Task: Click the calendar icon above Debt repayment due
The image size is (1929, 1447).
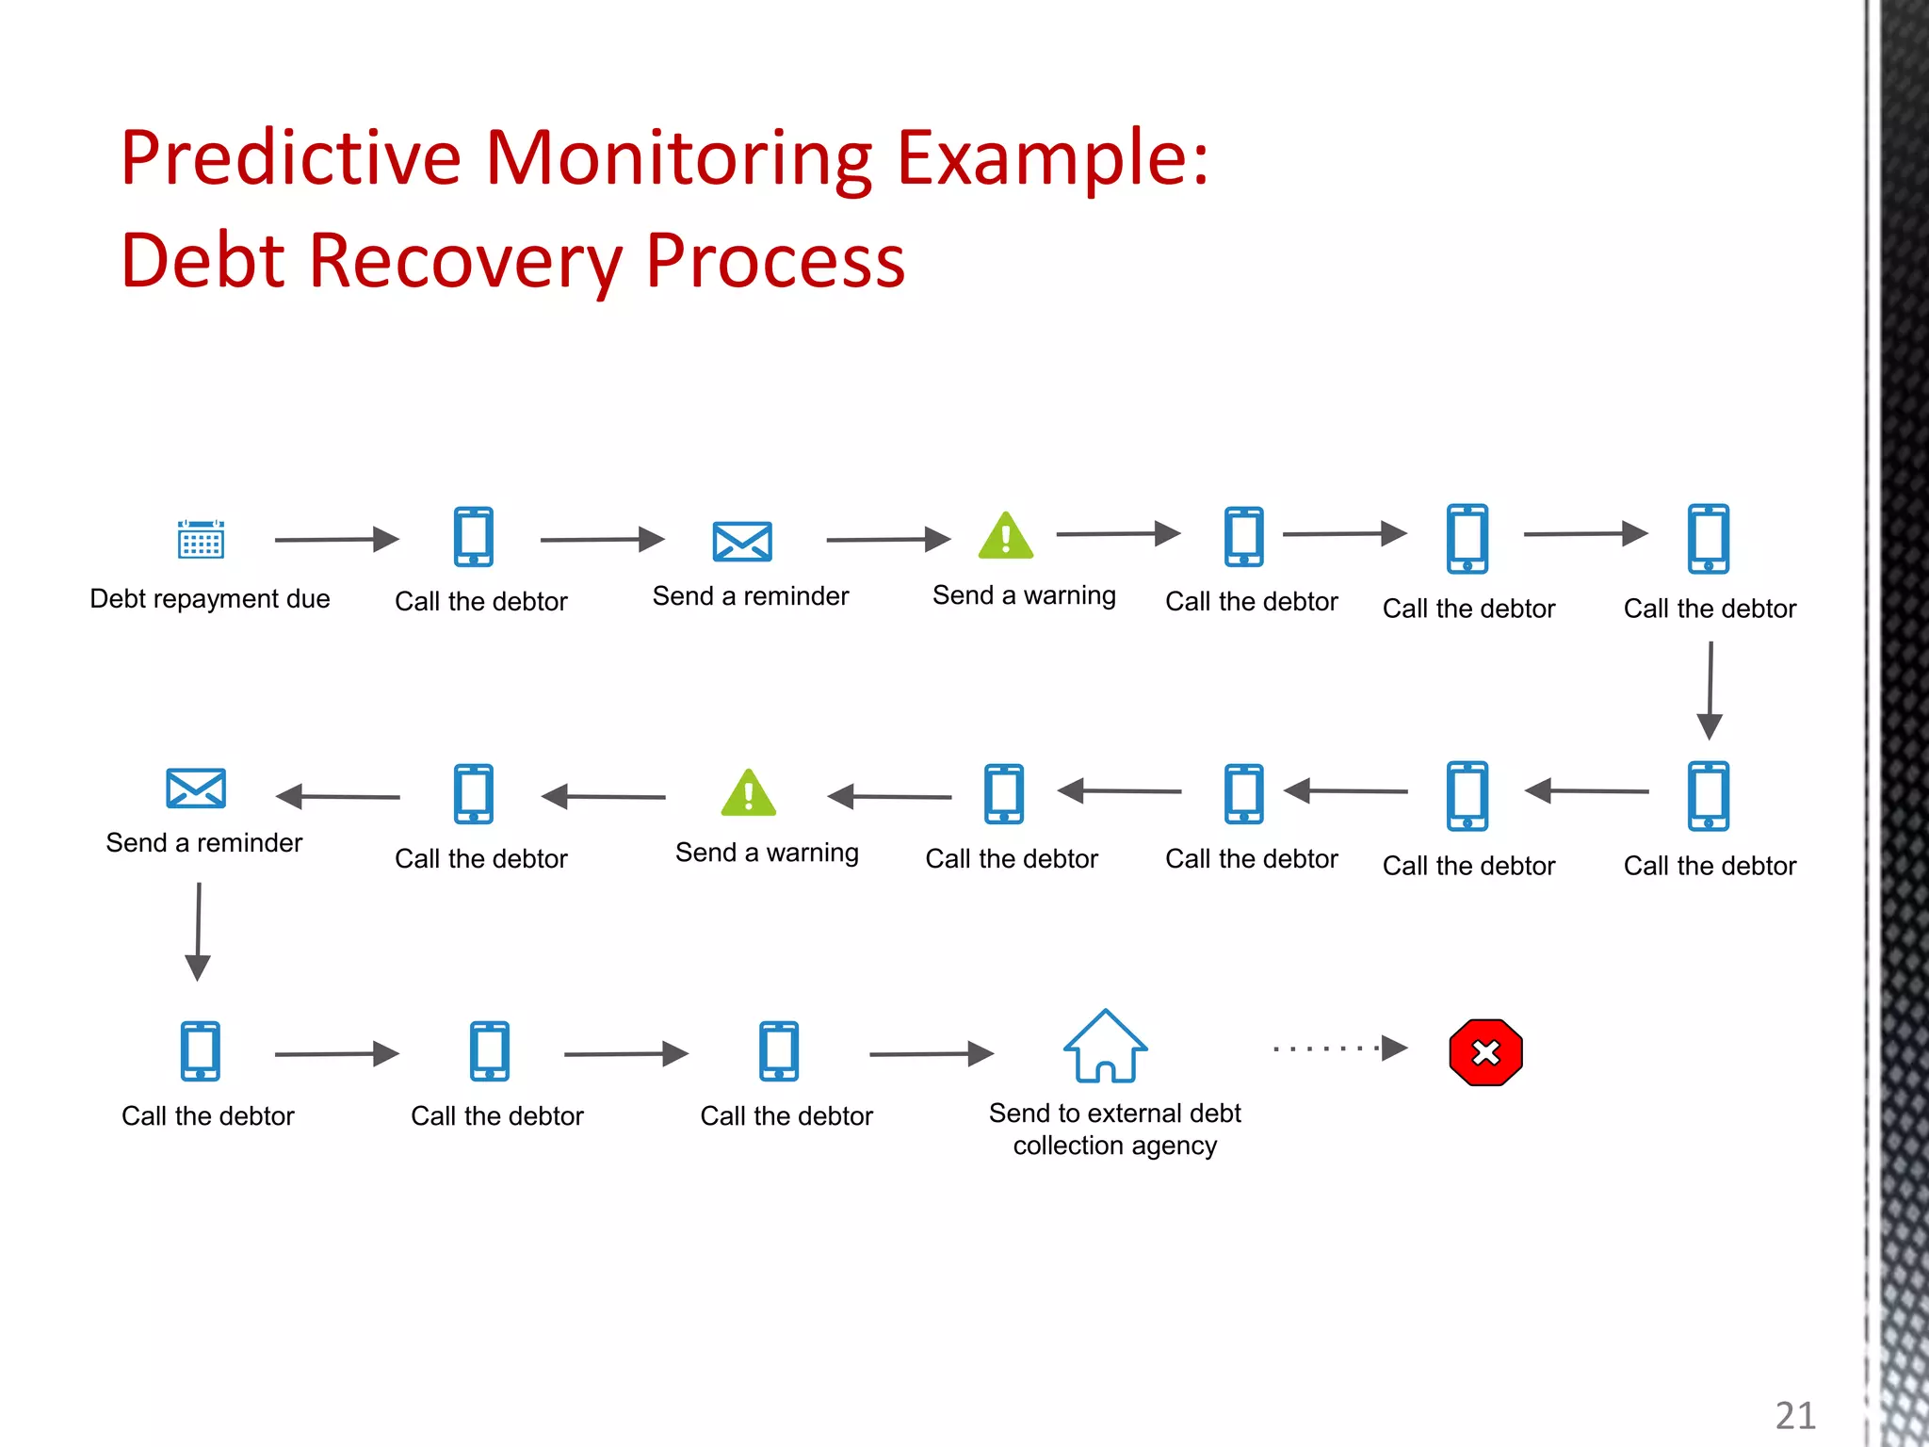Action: (x=201, y=539)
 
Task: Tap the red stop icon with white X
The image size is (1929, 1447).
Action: (x=1485, y=1052)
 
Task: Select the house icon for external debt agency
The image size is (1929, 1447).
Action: (x=1105, y=1047)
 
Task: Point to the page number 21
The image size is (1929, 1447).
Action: (x=1795, y=1415)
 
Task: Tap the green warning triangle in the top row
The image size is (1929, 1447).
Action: (x=1006, y=536)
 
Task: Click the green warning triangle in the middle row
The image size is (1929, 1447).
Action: (x=748, y=793)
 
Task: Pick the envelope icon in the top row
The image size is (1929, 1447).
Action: (x=742, y=542)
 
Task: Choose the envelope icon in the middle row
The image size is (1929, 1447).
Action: (x=196, y=789)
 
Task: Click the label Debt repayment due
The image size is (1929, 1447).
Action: (x=209, y=599)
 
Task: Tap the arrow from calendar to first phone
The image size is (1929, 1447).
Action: (x=336, y=539)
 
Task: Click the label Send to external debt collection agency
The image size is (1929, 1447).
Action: (x=1114, y=1130)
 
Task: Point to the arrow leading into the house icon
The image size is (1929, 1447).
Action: (x=931, y=1053)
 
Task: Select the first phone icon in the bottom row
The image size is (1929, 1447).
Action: (x=201, y=1050)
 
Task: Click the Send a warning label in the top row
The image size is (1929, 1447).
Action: (x=1024, y=595)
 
